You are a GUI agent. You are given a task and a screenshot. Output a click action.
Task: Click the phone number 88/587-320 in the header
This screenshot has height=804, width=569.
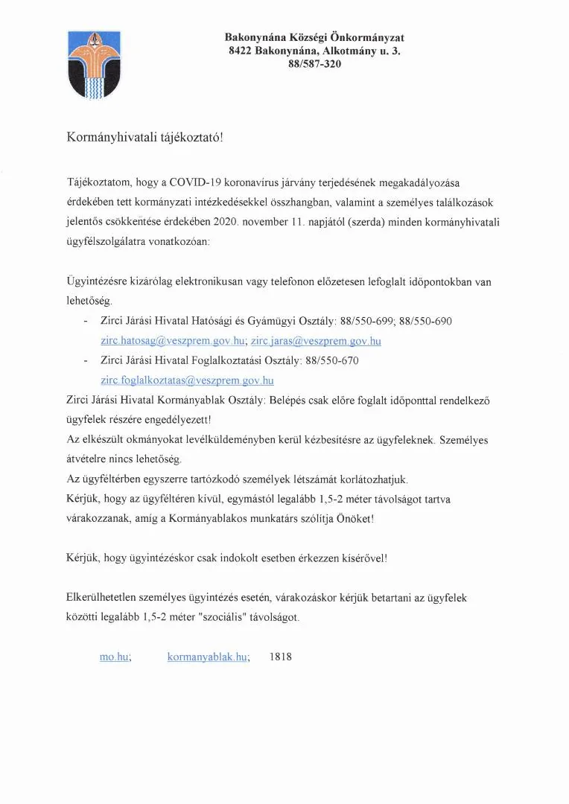click(314, 64)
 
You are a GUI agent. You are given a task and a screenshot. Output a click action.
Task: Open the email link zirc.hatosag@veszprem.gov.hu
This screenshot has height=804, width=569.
click(173, 341)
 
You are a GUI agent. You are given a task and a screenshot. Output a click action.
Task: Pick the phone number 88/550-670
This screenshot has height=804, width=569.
click(328, 360)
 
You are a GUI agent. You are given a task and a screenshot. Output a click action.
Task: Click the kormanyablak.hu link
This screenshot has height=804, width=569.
click(207, 657)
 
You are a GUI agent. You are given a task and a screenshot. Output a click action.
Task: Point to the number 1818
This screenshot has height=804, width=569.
click(282, 657)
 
